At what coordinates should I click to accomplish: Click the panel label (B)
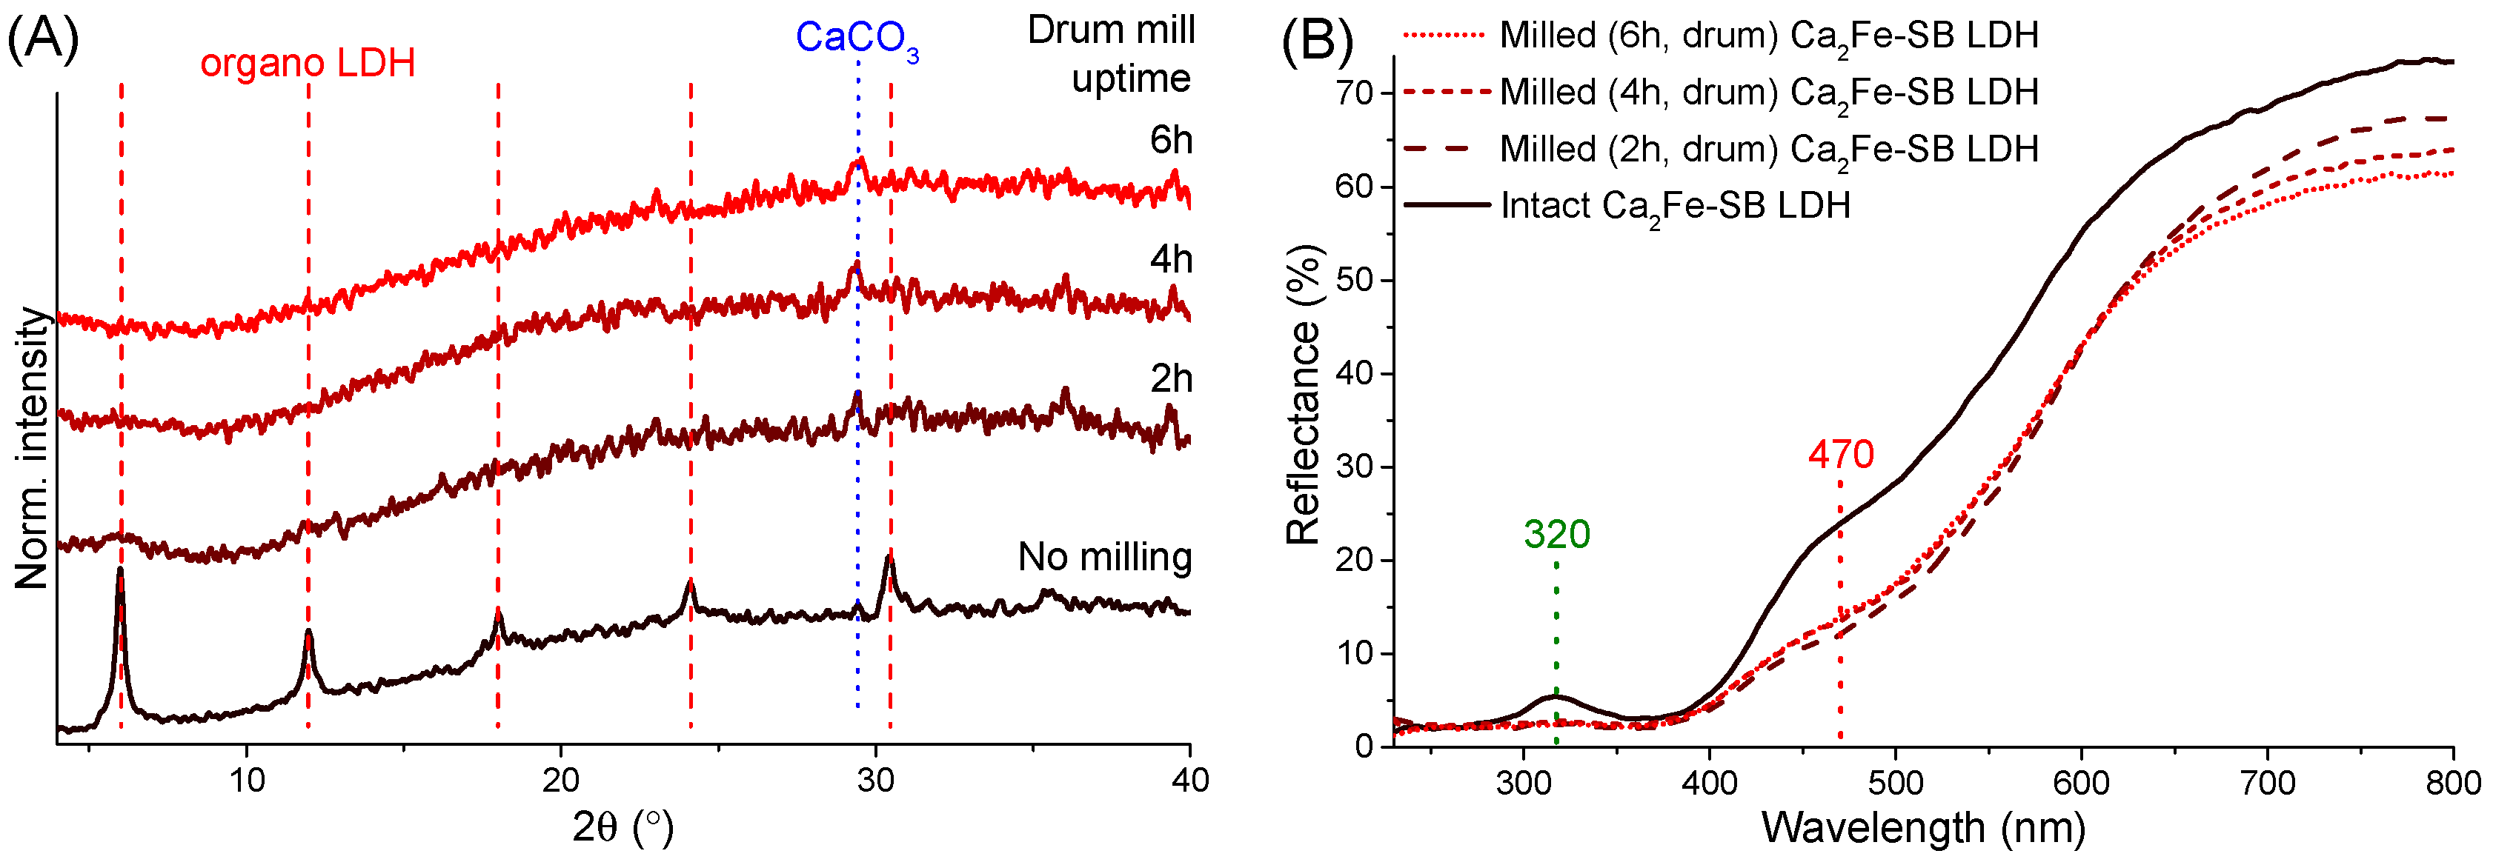[x=1316, y=41]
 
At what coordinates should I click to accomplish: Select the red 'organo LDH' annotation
[x=308, y=64]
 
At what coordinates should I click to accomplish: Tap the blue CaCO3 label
[x=857, y=39]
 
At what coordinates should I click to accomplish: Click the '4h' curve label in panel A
[x=1170, y=260]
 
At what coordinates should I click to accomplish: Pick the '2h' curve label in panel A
[x=1170, y=379]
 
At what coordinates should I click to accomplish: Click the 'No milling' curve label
[x=1104, y=558]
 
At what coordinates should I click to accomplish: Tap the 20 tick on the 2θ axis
[x=560, y=780]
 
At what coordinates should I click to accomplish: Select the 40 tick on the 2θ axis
[x=1189, y=780]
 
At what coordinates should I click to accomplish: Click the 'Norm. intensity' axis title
[x=31, y=447]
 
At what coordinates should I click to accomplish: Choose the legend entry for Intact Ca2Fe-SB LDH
[x=1674, y=206]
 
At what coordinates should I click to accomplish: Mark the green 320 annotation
[x=1556, y=534]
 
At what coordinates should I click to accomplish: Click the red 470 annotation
[x=1840, y=454]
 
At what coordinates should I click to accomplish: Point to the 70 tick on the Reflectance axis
[x=1354, y=94]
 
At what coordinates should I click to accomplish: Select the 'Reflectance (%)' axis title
[x=1303, y=395]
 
